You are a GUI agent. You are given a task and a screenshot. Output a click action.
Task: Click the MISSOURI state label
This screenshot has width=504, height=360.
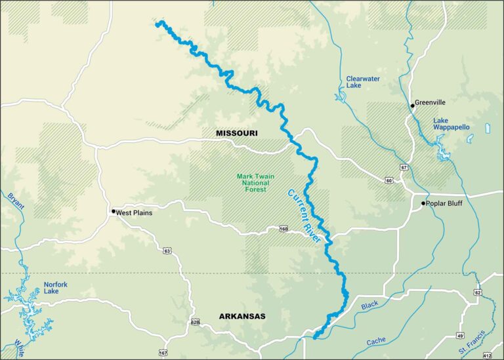pyautogui.click(x=237, y=133)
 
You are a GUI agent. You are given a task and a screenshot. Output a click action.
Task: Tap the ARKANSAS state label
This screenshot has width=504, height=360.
pyautogui.click(x=242, y=317)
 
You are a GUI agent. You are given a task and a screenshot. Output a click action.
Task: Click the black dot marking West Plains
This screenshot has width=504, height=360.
pyautogui.click(x=114, y=211)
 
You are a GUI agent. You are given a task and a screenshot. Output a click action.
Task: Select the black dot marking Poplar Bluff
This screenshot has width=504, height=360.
pyautogui.click(x=423, y=203)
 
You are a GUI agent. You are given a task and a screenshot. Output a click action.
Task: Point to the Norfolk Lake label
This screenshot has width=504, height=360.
pyautogui.click(x=55, y=288)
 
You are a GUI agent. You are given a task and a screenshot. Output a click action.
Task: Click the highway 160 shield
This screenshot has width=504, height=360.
pyautogui.click(x=283, y=229)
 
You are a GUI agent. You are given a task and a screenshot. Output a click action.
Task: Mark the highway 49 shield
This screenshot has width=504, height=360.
pyautogui.click(x=460, y=336)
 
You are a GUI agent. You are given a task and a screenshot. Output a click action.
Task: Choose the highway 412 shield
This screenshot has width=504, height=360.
pyautogui.click(x=487, y=354)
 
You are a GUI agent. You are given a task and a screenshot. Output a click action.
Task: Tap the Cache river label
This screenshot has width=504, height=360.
pyautogui.click(x=376, y=341)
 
